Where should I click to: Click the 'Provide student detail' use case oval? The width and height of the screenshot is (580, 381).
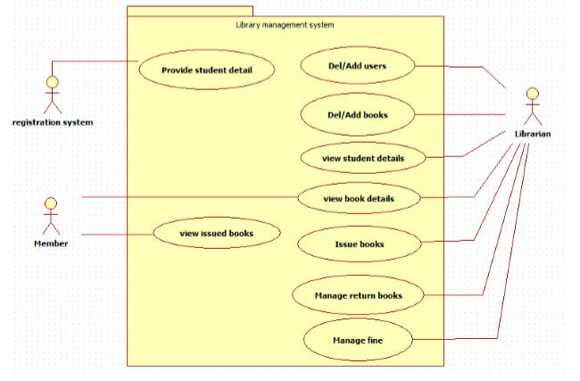[206, 70]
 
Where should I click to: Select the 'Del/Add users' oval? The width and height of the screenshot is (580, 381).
[357, 65]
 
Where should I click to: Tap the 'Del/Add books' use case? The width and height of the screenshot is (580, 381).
[357, 114]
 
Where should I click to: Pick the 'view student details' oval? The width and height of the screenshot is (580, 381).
[357, 158]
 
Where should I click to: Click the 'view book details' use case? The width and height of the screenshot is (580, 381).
[358, 197]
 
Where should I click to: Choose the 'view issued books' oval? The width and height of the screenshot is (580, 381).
[216, 234]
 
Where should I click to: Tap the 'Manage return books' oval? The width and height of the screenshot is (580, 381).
[358, 294]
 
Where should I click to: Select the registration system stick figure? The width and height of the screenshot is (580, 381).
[52, 94]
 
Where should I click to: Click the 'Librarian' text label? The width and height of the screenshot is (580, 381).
[532, 134]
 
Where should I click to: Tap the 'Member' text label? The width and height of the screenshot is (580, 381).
[51, 243]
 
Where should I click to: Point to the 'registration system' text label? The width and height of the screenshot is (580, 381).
[52, 122]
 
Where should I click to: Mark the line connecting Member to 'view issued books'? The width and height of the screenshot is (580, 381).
[116, 235]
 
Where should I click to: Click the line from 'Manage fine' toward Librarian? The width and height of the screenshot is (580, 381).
[455, 339]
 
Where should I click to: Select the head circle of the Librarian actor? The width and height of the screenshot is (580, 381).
[532, 92]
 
